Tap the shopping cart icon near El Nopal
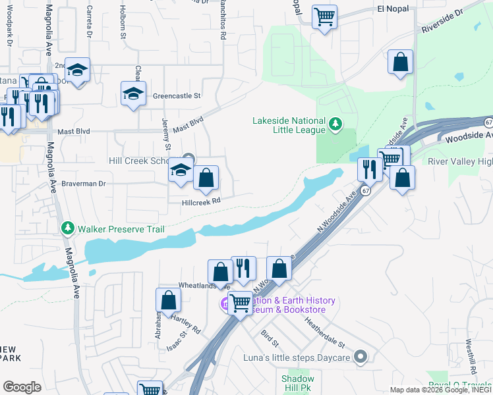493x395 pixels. pos(324,16)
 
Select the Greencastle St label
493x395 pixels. pos(177,95)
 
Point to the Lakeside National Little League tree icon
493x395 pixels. pos(335,123)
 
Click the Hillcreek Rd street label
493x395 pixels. pos(200,203)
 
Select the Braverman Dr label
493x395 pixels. pos(83,184)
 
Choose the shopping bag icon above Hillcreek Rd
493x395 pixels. pos(206,177)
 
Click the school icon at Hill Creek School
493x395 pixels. pos(180,171)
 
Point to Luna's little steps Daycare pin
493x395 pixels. pos(360,357)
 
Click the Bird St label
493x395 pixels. pos(270,339)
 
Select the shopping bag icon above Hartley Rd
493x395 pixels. pos(169,300)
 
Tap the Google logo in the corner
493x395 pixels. pos(22,386)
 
